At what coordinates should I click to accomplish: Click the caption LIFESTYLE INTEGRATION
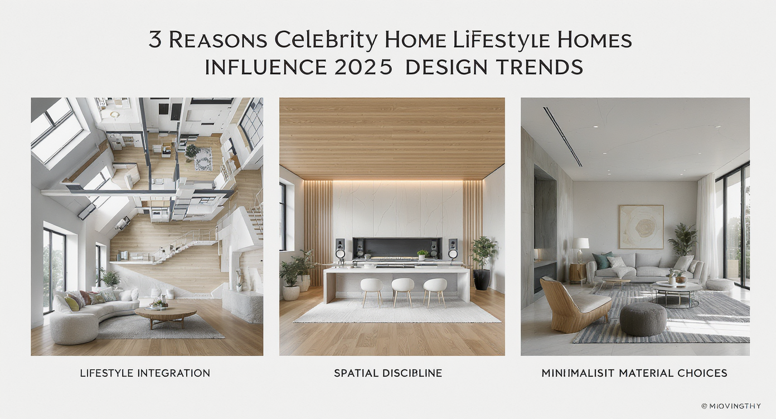point(145,373)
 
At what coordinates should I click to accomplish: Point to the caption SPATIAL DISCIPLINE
point(388,373)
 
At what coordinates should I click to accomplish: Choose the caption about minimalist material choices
point(634,373)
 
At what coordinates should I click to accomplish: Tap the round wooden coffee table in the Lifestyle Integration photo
point(166,313)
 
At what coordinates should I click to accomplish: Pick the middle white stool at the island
point(402,287)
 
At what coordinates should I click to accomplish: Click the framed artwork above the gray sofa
point(641,227)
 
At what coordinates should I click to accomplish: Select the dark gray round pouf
point(643,319)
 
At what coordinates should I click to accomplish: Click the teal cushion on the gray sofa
point(603,260)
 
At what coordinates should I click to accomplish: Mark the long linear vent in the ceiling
point(562,137)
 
